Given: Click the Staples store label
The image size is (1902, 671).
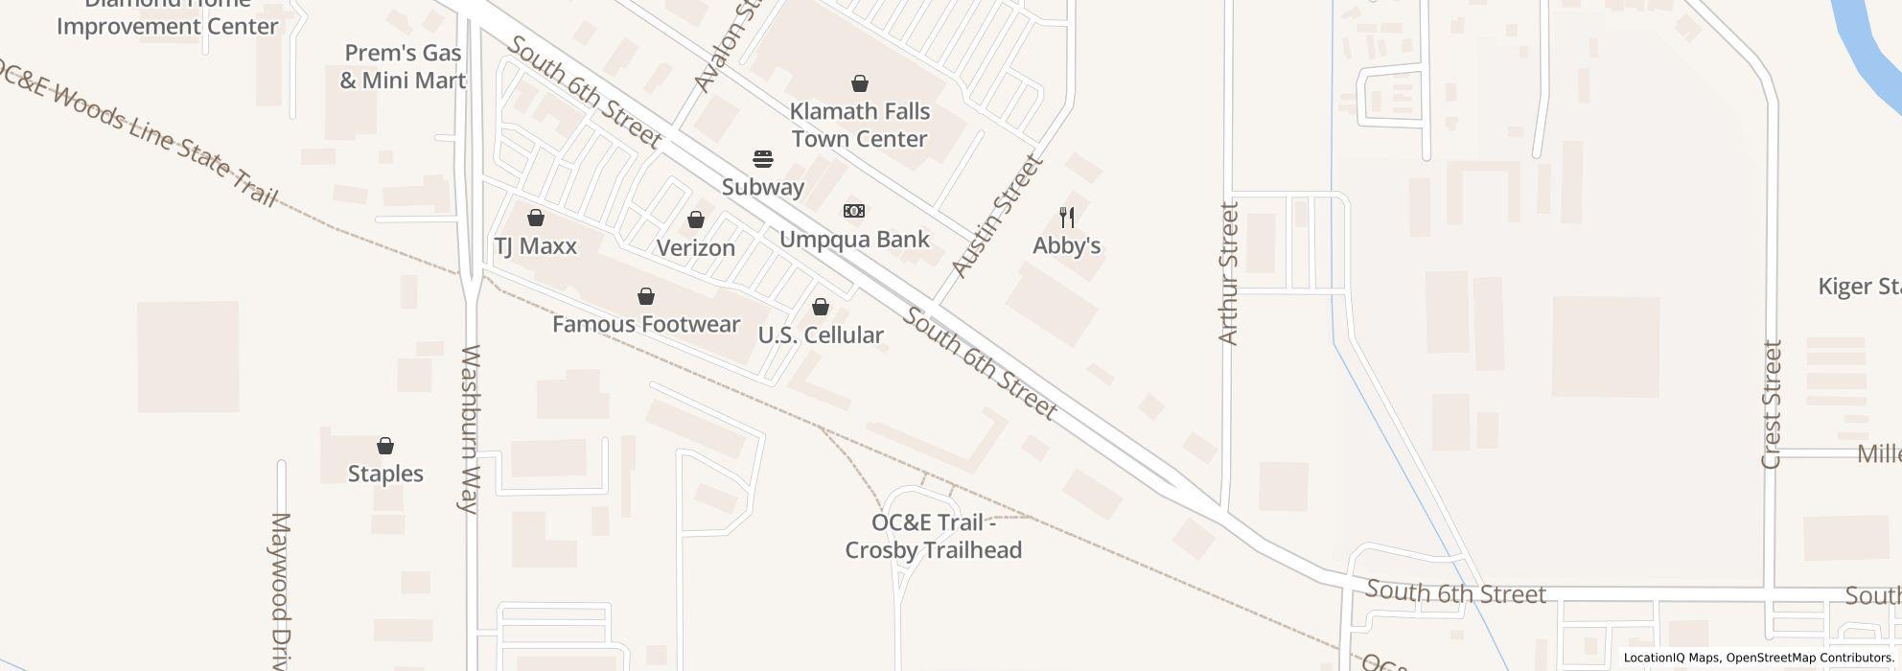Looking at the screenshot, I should click(x=385, y=474).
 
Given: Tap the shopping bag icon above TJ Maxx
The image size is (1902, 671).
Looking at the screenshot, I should click(x=536, y=219).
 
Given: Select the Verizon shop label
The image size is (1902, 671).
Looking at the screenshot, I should click(x=695, y=247).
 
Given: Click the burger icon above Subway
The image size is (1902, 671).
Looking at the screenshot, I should click(x=763, y=158).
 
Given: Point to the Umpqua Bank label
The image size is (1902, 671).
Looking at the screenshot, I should click(x=854, y=239).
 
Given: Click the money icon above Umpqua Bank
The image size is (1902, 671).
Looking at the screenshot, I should click(x=853, y=211).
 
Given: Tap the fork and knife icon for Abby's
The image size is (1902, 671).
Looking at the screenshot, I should click(x=1066, y=219).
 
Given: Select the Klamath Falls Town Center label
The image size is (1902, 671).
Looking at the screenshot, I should click(x=860, y=126).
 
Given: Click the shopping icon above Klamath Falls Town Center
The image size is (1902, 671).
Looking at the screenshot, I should click(x=860, y=84).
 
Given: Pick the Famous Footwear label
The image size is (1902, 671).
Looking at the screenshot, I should click(x=646, y=324).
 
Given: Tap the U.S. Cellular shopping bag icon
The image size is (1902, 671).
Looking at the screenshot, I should click(x=821, y=307).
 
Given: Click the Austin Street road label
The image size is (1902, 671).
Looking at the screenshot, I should click(x=996, y=217).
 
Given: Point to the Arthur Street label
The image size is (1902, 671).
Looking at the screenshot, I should click(x=1228, y=273).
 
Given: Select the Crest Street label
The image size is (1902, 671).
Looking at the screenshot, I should click(x=1771, y=405).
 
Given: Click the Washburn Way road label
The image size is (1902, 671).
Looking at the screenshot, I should click(x=470, y=429).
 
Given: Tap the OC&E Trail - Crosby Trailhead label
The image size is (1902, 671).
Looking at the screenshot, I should click(x=933, y=537).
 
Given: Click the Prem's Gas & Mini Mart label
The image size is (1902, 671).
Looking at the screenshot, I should click(x=403, y=67).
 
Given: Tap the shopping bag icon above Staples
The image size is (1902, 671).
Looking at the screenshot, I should click(x=385, y=446).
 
